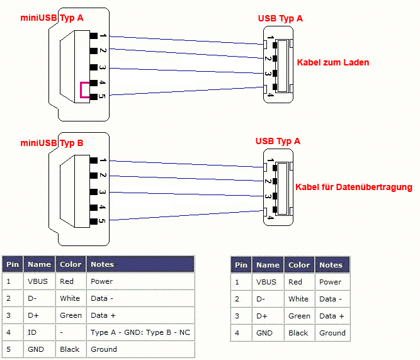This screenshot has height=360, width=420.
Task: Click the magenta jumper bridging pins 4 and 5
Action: tap(81, 91)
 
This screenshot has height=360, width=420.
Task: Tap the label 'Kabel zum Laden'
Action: tap(332, 62)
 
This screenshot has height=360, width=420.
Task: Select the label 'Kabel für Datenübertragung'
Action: tap(353, 187)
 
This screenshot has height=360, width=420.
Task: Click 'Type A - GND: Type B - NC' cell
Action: tap(140, 332)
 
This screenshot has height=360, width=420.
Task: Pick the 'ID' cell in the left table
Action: tap(31, 332)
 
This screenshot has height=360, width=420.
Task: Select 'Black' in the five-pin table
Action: tap(70, 349)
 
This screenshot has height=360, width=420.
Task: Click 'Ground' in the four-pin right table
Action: tap(332, 333)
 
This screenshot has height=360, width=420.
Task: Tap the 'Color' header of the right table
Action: tap(299, 265)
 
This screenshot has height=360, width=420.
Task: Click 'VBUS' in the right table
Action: tap(267, 282)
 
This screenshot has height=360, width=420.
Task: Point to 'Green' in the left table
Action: tap(70, 315)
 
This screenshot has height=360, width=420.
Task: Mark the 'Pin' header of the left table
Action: tap(13, 264)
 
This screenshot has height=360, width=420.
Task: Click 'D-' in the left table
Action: tap(33, 298)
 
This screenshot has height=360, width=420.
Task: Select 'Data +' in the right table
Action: tap(332, 316)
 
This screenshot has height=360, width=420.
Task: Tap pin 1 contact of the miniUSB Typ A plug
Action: tap(93, 36)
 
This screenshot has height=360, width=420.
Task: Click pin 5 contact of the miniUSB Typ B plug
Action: tap(93, 222)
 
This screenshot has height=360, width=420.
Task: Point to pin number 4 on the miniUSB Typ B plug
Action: tap(102, 206)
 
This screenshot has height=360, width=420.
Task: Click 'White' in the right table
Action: tap(298, 299)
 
